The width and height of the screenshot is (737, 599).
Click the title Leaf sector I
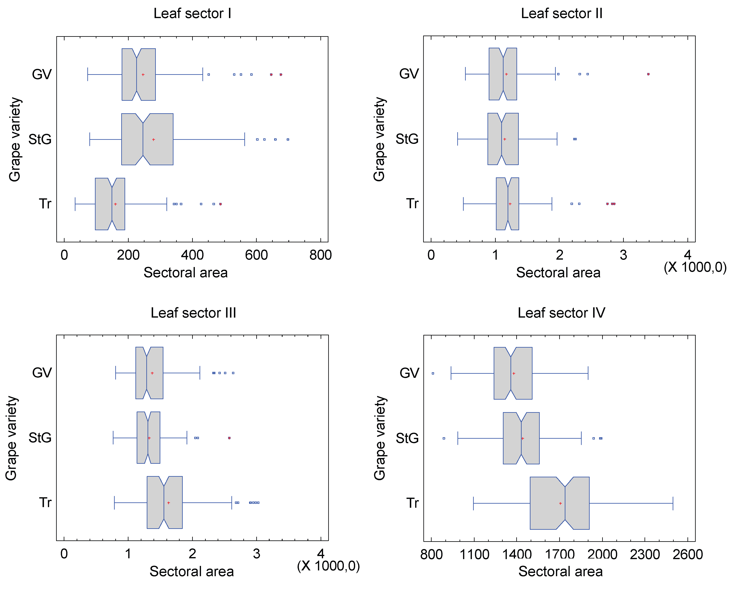coord(192,13)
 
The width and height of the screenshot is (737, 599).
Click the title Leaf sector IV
coord(561,313)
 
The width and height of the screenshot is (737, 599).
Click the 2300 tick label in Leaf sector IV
coord(645,554)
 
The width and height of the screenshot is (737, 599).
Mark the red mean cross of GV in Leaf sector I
coord(143,75)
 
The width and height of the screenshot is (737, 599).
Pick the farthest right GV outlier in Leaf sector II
coord(648,74)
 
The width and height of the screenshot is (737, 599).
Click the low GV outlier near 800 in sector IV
coord(433,373)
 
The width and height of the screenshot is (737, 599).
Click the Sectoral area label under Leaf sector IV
coord(560,571)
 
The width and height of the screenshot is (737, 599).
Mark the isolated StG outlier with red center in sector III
coord(229,438)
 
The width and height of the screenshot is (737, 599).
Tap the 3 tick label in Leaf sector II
coord(623,255)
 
